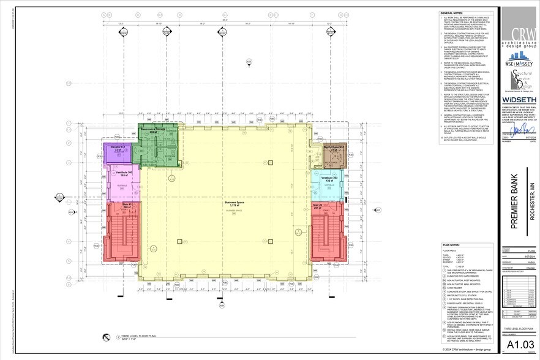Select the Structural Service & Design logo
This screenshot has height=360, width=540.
click(x=520, y=80)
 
